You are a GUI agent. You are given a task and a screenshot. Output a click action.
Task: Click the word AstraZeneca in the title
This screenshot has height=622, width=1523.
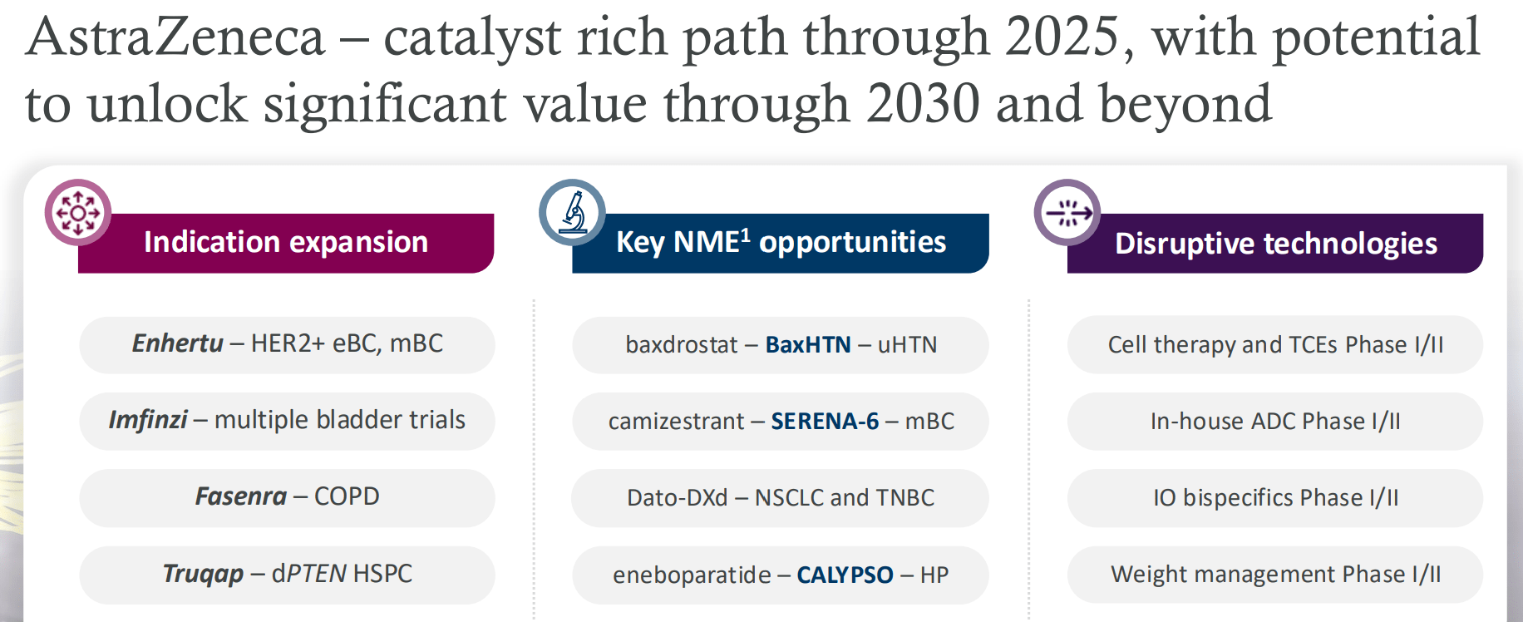point(175,37)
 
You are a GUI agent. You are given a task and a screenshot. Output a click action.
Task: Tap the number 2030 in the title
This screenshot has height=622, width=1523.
point(923,104)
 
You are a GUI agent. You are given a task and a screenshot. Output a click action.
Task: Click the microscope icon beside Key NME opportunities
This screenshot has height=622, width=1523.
point(572,212)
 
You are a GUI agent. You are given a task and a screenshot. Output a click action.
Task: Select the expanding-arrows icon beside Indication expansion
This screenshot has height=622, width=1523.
point(78,213)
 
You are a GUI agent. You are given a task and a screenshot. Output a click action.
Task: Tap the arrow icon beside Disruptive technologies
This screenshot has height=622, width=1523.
point(1067,213)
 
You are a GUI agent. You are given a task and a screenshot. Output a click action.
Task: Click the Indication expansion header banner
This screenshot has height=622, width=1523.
point(286,243)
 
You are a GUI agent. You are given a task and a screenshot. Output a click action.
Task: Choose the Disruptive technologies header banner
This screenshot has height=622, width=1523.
point(1275,244)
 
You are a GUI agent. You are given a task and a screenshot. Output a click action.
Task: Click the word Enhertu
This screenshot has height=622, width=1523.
point(177,343)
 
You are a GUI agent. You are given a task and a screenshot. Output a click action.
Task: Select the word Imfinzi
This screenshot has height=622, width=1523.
point(148,420)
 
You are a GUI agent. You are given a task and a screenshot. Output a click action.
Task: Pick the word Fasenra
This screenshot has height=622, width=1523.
point(240,496)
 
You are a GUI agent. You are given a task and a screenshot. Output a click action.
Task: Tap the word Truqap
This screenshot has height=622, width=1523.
point(203,574)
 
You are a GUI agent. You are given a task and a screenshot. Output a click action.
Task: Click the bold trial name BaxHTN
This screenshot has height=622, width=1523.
point(808,345)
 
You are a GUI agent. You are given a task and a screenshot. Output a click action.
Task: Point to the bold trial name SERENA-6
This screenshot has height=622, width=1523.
point(825,422)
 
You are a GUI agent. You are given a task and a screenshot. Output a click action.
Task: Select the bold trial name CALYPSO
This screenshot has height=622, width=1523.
point(845,575)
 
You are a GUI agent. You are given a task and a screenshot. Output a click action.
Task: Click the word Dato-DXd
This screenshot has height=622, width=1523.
point(677,498)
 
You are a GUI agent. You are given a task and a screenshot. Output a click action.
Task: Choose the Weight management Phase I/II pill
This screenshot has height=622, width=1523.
point(1275,575)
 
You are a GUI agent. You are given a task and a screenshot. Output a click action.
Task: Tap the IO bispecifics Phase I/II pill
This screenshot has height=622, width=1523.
point(1275,498)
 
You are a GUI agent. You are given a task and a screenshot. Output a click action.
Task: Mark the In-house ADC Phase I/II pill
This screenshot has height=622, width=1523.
point(1275,422)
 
